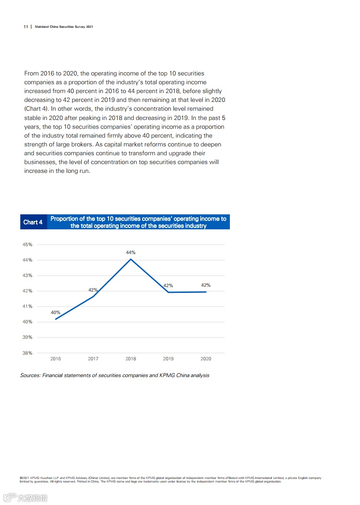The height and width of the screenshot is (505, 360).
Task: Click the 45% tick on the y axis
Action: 27,244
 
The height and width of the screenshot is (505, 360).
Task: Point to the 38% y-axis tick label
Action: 27,353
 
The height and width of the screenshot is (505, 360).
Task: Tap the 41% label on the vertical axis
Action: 27,306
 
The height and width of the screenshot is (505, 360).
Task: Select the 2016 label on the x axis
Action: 56,359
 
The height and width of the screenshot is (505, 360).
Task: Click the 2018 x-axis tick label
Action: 131,359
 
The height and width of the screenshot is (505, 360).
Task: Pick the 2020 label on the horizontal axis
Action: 206,359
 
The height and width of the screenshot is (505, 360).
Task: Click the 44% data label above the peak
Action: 131,253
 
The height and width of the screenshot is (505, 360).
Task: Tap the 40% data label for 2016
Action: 56,312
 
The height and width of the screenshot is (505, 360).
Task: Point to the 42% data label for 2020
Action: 206,285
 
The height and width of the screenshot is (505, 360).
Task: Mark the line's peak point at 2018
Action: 131,259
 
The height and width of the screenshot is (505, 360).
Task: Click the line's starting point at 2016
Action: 56,319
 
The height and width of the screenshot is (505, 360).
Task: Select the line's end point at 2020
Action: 206,292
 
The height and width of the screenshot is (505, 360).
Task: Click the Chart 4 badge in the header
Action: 33,222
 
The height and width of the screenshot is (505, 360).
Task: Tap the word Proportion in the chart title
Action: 66,219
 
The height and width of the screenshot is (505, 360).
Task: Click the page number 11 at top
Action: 26,27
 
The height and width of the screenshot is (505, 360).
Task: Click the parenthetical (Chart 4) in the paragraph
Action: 37,109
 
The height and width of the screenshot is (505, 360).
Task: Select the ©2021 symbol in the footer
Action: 25,478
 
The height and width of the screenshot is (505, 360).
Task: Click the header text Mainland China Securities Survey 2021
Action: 64,27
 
